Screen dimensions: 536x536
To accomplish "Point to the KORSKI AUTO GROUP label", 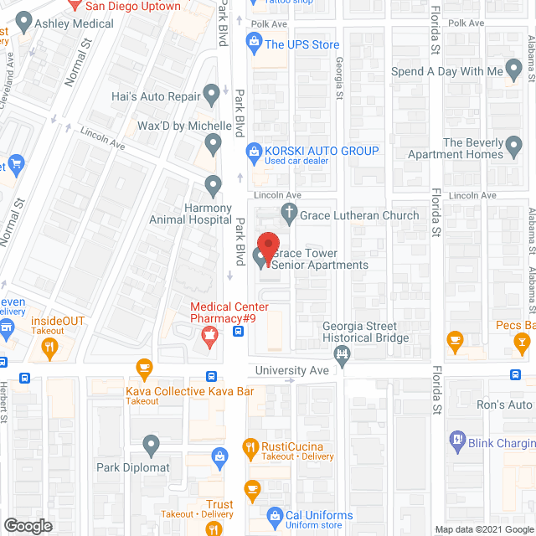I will [322, 151].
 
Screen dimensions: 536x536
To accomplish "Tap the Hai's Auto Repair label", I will [157, 96].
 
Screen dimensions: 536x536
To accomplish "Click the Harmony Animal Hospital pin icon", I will [214, 184].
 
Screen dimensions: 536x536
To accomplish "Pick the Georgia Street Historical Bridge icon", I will [343, 354].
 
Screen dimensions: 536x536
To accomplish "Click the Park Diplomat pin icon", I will [151, 444].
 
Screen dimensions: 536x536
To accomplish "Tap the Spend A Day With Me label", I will [447, 72].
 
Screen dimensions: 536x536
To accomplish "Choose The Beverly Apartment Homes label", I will [467, 148].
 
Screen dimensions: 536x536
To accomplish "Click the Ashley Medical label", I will [74, 23].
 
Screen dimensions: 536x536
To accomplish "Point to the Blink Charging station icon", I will [457, 437].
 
